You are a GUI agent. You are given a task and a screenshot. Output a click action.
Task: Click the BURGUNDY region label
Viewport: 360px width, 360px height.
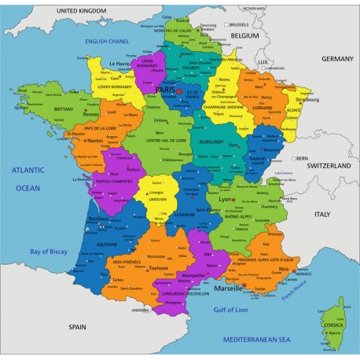[211, 141]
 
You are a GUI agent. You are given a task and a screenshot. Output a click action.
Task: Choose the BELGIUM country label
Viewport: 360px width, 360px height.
[244, 35]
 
